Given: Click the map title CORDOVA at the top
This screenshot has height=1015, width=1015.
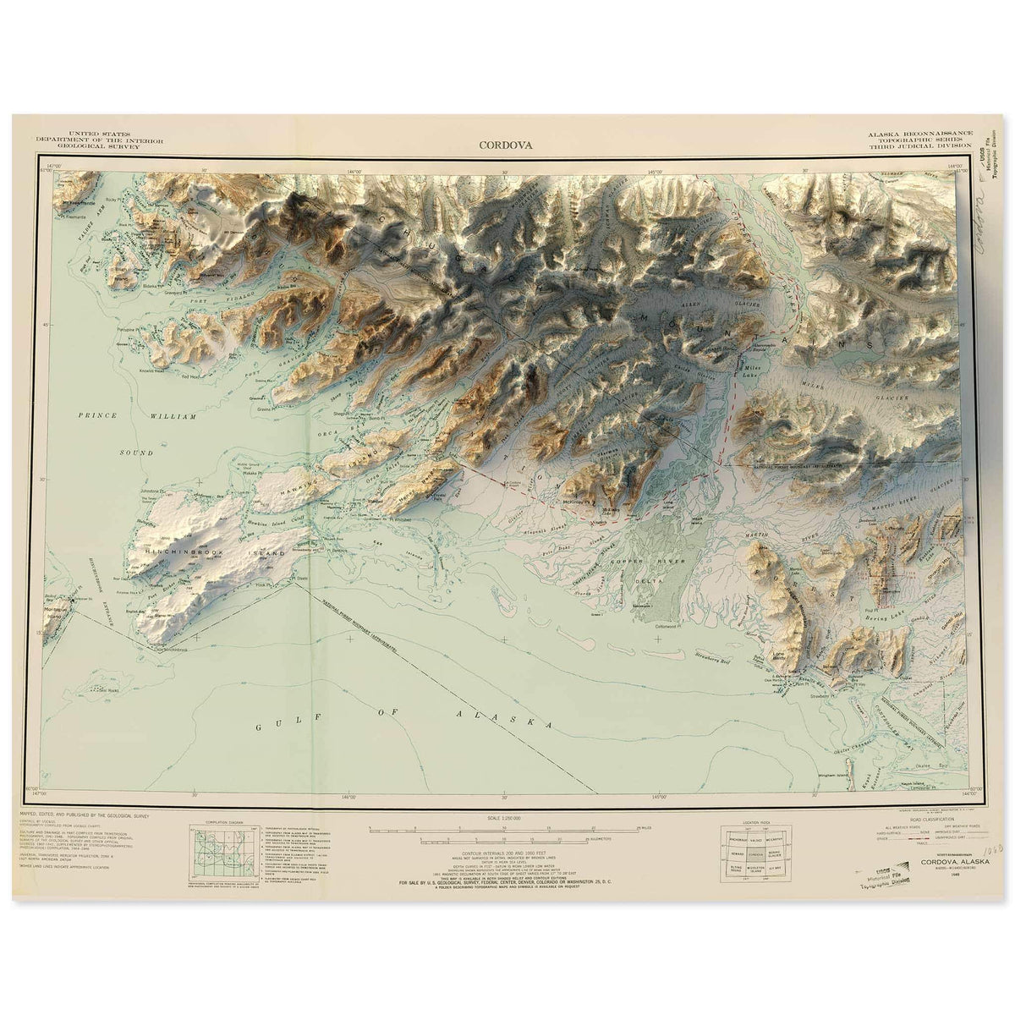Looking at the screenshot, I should coord(505,145).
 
